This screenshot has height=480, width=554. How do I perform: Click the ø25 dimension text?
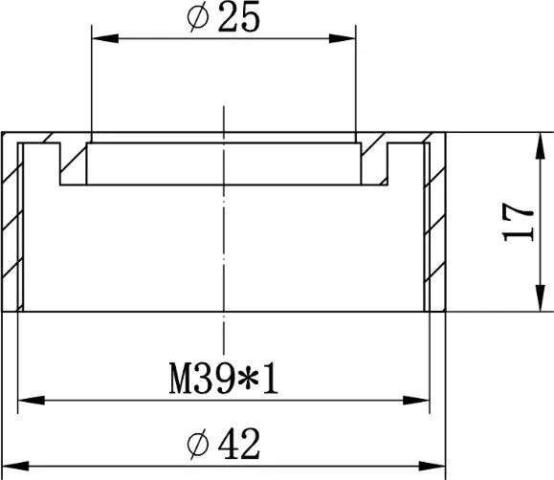223,17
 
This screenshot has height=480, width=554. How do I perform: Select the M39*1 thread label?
224,379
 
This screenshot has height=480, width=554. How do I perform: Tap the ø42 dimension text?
223,444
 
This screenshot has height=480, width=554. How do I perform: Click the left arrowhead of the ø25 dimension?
105,38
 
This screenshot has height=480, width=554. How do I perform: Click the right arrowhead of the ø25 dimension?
342,38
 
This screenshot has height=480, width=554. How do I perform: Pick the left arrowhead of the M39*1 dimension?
31,401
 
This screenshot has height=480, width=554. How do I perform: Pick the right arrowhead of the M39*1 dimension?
416,401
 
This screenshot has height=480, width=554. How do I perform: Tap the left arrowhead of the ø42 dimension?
15,466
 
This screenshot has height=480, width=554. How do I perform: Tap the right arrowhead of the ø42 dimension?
432,466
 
